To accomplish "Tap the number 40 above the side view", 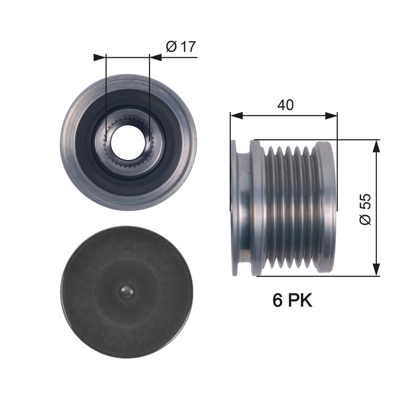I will [285, 105].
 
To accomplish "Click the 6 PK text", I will [292, 300].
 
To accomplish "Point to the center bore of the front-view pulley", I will [128, 142].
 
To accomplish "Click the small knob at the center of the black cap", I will [127, 292].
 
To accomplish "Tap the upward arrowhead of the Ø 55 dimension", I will [376, 146].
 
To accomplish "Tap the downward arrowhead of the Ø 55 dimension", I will [376, 270].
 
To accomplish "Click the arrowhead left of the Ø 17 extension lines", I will [100, 57].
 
